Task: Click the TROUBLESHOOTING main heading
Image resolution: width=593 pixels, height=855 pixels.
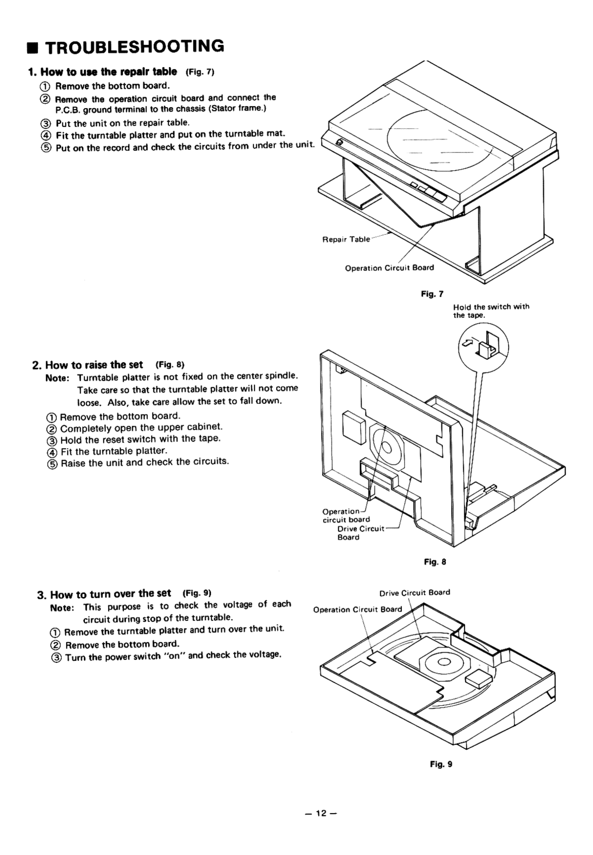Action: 136,46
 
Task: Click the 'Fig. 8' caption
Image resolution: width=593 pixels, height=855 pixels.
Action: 435,562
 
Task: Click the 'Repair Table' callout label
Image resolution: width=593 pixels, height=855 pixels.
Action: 346,239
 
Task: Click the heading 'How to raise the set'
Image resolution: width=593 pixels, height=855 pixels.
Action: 94,365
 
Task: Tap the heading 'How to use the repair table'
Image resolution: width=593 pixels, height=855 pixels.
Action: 108,71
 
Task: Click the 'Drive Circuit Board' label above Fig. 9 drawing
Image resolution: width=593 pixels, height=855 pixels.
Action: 414,593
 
